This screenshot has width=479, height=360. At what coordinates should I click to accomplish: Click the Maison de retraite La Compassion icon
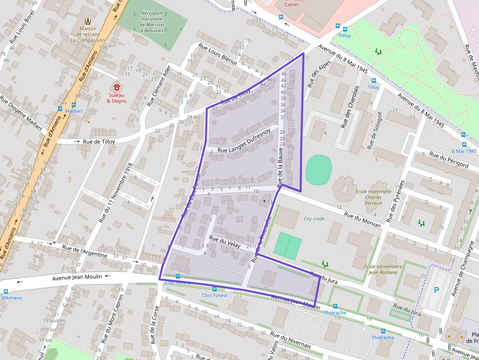88,21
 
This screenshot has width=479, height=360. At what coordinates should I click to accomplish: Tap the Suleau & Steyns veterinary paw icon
117,86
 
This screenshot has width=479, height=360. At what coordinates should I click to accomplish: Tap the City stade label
314,219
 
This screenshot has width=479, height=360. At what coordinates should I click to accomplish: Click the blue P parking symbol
436,290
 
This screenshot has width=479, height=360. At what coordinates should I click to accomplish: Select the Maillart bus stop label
74,111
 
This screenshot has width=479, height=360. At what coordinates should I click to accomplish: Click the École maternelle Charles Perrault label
373,197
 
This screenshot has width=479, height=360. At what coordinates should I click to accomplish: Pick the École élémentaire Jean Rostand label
383,269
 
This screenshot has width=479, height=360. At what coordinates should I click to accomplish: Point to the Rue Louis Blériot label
218,54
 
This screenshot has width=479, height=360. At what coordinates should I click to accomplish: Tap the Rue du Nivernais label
290,340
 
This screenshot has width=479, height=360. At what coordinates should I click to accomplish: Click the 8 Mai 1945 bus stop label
464,151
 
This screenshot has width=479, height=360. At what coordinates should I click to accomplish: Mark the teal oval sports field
319,170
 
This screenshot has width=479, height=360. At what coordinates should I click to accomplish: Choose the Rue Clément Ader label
158,86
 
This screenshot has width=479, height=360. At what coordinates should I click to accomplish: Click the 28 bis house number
193,117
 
